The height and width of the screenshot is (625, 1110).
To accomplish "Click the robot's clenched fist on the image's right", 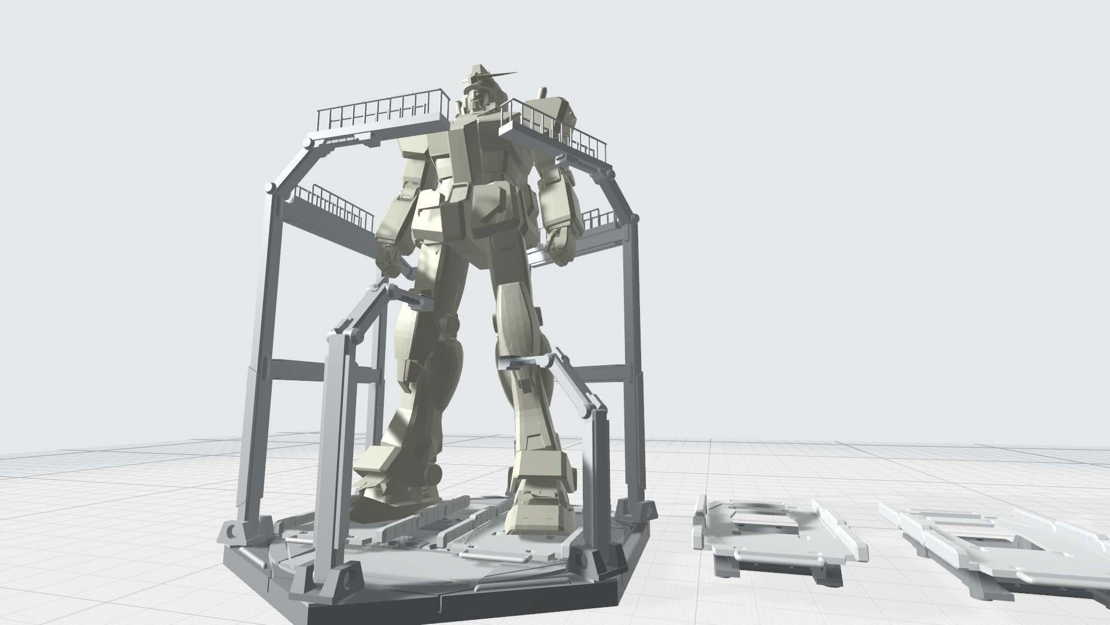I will coord(560,245).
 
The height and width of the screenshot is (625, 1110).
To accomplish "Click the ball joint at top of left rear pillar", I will coord(269,187).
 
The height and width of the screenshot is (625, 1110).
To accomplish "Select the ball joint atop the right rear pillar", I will coord(635,218).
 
